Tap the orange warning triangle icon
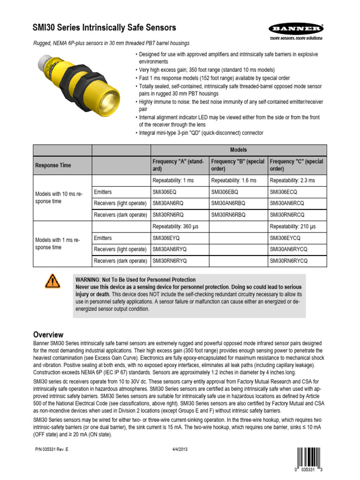pos(52,281)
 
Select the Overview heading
pos(48,335)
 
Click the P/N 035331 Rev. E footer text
pos(52,450)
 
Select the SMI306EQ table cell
pos(165,192)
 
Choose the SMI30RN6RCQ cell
pos(287,215)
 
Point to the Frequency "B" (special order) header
pos(238,165)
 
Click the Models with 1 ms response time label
pos(58,244)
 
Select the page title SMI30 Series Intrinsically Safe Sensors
pos(104,28)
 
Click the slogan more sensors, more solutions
pos(296,37)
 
